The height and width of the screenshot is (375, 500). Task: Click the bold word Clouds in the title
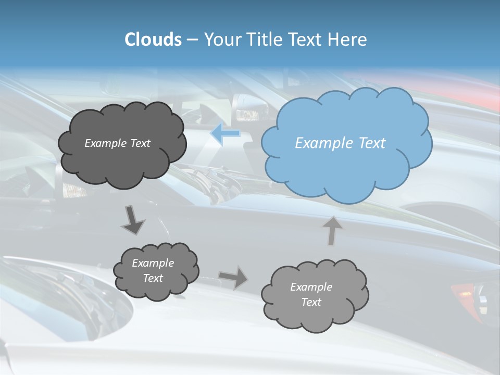(153, 40)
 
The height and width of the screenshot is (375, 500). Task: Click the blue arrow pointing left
(225, 134)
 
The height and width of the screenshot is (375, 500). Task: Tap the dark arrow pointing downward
(133, 220)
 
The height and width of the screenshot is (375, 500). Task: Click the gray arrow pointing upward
(332, 230)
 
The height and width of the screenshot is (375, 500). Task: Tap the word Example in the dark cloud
(106, 143)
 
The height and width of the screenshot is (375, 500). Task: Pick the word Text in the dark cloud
(140, 143)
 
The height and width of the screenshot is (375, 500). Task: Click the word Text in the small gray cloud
(153, 278)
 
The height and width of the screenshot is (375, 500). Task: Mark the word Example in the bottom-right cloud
(311, 287)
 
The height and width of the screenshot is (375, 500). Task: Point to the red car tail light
(463, 292)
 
